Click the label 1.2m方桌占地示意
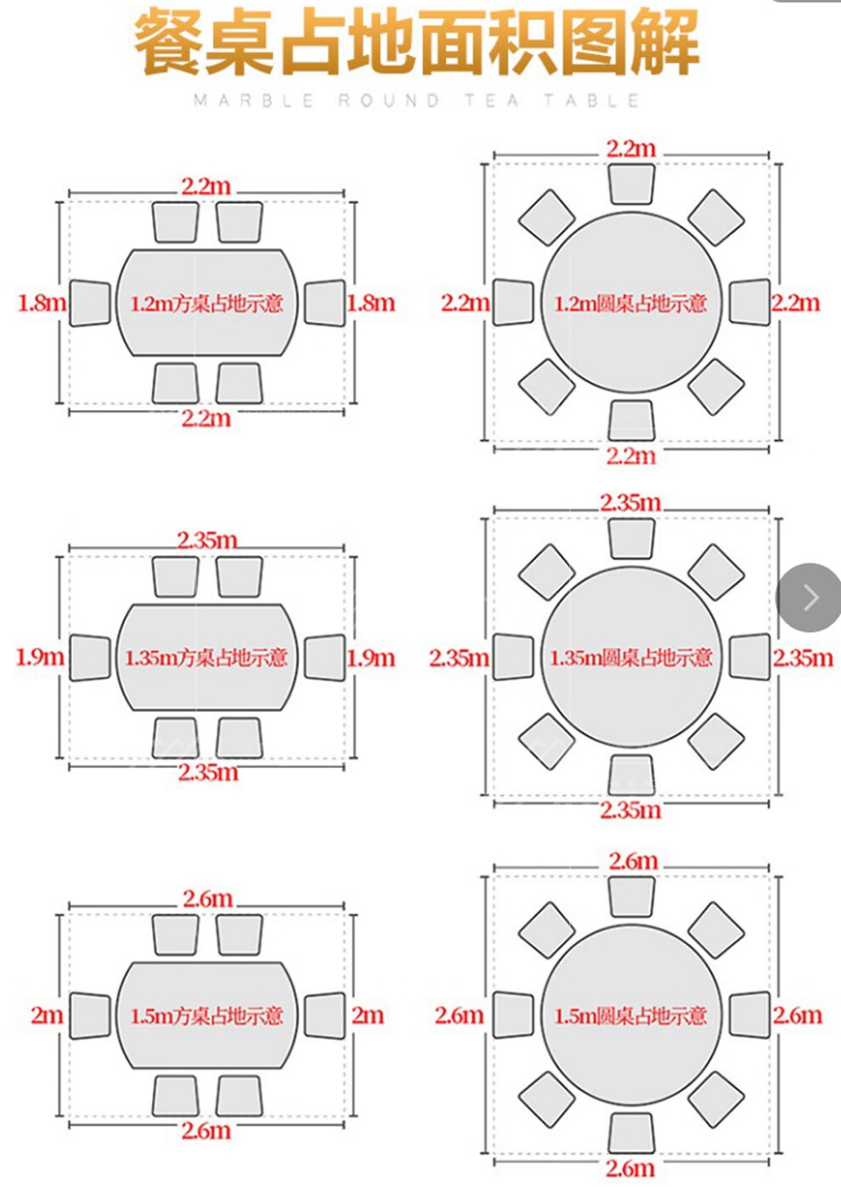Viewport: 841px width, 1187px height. pyautogui.click(x=206, y=303)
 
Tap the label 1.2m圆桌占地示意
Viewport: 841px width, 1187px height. pyautogui.click(x=630, y=303)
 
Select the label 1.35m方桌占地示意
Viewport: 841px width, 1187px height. pyautogui.click(x=206, y=658)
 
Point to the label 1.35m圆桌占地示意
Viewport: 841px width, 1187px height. pyautogui.click(x=630, y=658)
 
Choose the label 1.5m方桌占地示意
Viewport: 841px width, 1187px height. pyautogui.click(x=206, y=1015)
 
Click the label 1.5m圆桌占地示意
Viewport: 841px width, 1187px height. pyautogui.click(x=630, y=1015)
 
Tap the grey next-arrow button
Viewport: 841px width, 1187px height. pyautogui.click(x=810, y=597)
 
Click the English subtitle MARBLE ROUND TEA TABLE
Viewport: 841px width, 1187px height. pyautogui.click(x=417, y=100)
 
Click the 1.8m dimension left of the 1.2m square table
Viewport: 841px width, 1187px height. pyautogui.click(x=42, y=303)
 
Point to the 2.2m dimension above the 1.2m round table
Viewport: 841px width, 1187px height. pyautogui.click(x=631, y=149)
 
